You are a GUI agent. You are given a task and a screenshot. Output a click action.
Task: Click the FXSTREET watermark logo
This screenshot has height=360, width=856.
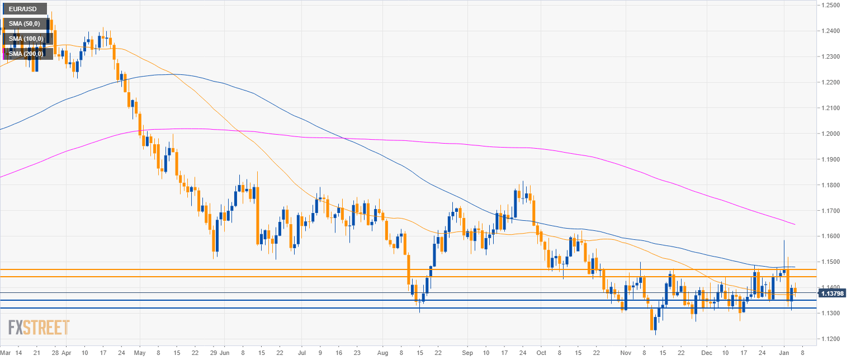pyautogui.click(x=39, y=328)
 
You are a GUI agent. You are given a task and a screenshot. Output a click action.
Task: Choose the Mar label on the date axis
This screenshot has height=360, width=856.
pyautogui.click(x=6, y=353)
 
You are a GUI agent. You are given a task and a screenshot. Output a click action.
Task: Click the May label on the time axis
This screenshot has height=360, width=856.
pyautogui.click(x=140, y=353)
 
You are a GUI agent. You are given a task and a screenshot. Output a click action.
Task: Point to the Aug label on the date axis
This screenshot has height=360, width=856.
pyautogui.click(x=383, y=353)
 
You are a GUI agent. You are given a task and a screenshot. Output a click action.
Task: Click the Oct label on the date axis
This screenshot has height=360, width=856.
pyautogui.click(x=541, y=353)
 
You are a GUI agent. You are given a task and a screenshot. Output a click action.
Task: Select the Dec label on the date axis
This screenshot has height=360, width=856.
pyautogui.click(x=707, y=353)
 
